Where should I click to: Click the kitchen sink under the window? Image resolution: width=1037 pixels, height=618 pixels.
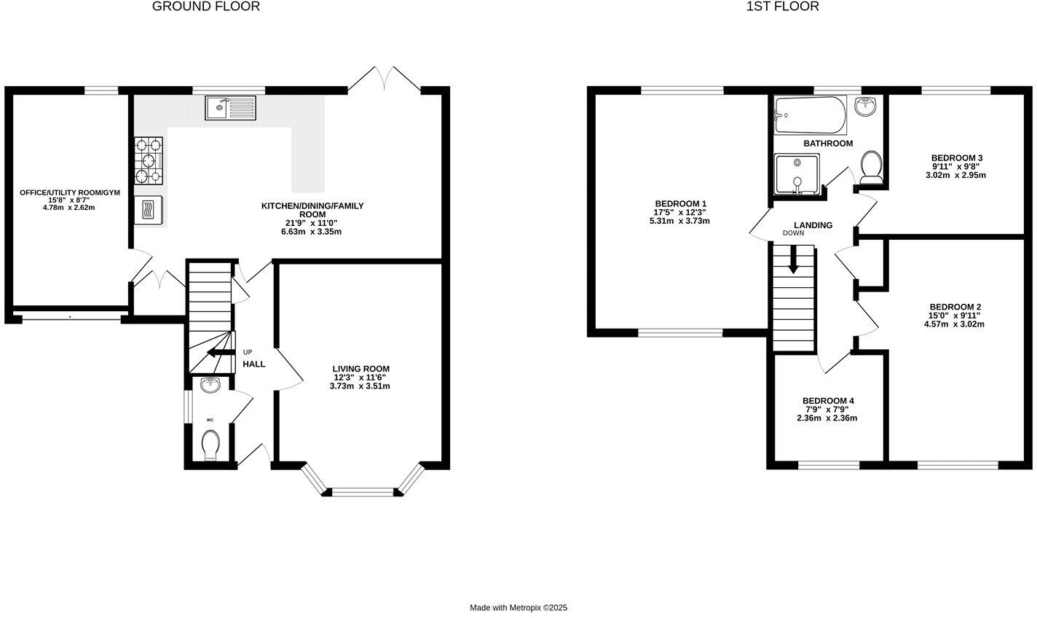pos(230,109)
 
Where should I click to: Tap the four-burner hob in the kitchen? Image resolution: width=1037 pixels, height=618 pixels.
pos(149,161)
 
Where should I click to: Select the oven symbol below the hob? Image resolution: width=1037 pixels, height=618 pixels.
pos(149,211)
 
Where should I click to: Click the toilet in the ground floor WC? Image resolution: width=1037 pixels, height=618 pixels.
pos(210,445)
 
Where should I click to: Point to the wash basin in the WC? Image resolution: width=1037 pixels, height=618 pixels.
pos(210,385)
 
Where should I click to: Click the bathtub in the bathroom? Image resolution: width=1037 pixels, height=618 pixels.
pos(810,115)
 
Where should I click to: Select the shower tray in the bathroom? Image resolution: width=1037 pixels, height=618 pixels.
pos(797,174)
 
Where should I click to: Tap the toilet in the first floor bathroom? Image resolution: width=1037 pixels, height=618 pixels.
pos(871,167)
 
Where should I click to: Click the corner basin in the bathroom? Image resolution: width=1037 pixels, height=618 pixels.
pos(866,106)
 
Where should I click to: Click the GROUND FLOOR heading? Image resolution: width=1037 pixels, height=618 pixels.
pos(205,7)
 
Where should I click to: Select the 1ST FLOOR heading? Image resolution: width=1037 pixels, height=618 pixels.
pos(783,7)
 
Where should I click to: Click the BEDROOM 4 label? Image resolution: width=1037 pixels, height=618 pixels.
pos(828,401)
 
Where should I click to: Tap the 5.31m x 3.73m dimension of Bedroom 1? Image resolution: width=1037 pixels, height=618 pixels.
pos(679,221)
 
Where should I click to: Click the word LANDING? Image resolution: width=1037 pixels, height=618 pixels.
pos(813,225)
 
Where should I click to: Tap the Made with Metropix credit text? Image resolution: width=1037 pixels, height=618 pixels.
pos(518,607)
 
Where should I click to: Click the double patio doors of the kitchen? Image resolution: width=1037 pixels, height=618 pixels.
pos(384,79)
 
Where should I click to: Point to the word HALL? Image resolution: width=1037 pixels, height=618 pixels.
pos(254,364)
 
